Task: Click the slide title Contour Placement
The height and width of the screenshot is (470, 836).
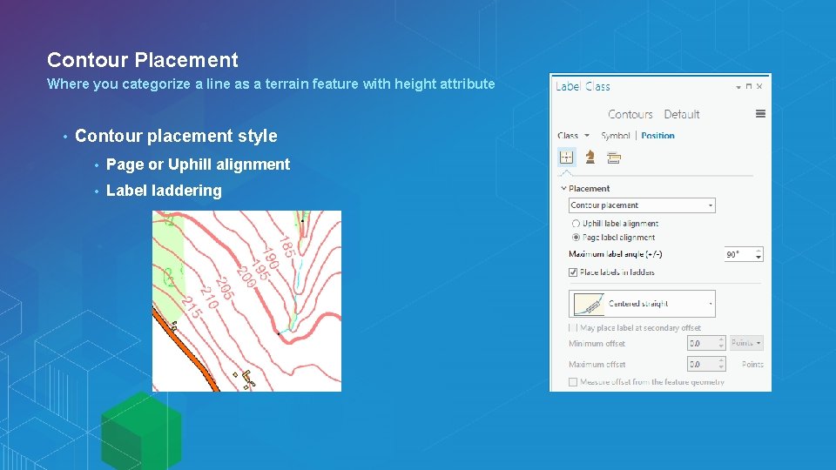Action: click(x=142, y=60)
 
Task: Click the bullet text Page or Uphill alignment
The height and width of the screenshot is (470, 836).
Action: click(x=198, y=164)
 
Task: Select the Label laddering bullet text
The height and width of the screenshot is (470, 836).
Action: click(x=164, y=191)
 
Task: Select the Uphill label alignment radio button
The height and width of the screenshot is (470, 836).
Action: click(x=576, y=224)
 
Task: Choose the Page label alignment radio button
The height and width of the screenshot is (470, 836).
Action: click(x=576, y=237)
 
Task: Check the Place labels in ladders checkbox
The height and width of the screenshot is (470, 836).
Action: click(x=573, y=272)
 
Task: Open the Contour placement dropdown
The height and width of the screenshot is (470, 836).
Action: click(x=642, y=205)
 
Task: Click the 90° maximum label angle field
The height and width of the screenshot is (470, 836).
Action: click(x=744, y=254)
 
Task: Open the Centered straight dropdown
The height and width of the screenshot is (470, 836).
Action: click(x=642, y=304)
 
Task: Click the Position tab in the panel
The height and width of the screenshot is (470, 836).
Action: click(x=657, y=136)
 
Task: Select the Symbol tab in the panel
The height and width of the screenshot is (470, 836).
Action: click(x=616, y=136)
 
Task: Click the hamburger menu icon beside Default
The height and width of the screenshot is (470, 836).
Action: click(x=760, y=114)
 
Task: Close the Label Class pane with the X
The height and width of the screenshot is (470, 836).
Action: click(x=759, y=86)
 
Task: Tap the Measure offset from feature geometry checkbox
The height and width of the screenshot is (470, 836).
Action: click(x=573, y=382)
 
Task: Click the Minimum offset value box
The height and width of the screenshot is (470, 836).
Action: click(x=705, y=343)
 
